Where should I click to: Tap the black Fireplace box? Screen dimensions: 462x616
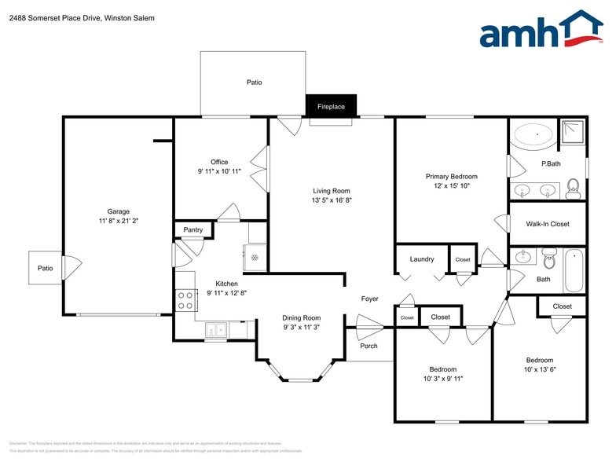[x=331, y=106]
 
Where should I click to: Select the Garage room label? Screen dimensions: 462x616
[x=119, y=211]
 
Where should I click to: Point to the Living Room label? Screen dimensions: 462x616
[x=332, y=191]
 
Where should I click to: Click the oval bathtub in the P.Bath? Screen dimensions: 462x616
[x=533, y=136]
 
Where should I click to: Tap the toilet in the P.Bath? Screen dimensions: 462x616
[x=573, y=187]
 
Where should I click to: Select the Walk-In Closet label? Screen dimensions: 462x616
[x=548, y=225]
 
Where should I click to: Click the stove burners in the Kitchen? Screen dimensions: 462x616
[x=185, y=300]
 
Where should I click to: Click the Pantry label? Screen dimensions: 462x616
[x=193, y=230]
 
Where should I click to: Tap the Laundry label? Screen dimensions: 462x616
[x=422, y=259]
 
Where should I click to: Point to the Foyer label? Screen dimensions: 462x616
[x=369, y=299]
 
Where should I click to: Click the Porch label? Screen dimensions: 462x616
[x=368, y=346]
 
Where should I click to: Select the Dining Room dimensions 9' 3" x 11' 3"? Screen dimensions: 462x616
[x=302, y=328]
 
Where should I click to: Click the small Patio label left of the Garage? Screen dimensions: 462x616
[x=46, y=269]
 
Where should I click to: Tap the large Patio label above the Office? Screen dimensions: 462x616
[x=254, y=82]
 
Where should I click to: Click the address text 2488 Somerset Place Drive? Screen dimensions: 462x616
[x=53, y=18]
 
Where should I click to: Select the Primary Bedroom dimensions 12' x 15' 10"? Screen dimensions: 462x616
[x=452, y=186]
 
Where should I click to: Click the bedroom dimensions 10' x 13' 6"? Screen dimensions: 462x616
[x=540, y=370]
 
